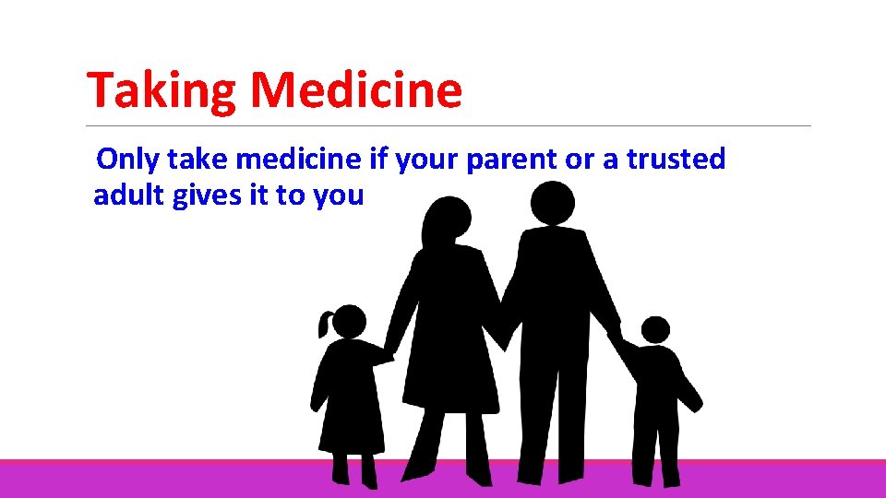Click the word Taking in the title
point(162,91)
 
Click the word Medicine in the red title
point(355,91)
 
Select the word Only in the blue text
point(128,160)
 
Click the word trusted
point(676,160)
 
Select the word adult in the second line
point(129,196)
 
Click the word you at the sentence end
point(338,196)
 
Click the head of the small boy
point(655,330)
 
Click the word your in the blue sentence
point(425,160)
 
